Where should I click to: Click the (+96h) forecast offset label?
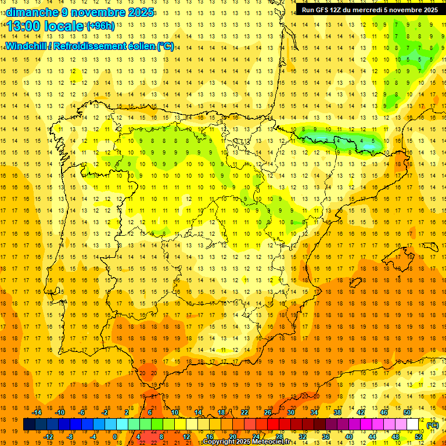pos(100,26)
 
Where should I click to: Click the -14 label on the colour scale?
pos(37,412)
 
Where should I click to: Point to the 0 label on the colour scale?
pos(115,437)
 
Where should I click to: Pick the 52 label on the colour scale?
pos(419,437)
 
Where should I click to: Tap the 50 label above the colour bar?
pos(407,412)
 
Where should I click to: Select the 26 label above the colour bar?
pos(268,412)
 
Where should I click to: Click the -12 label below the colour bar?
pos(48,437)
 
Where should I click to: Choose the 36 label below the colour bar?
pos(326,437)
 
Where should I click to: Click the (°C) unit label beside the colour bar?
pos(433,425)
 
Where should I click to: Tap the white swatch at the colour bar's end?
pos(413,425)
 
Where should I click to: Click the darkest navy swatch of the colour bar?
pos(29,425)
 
